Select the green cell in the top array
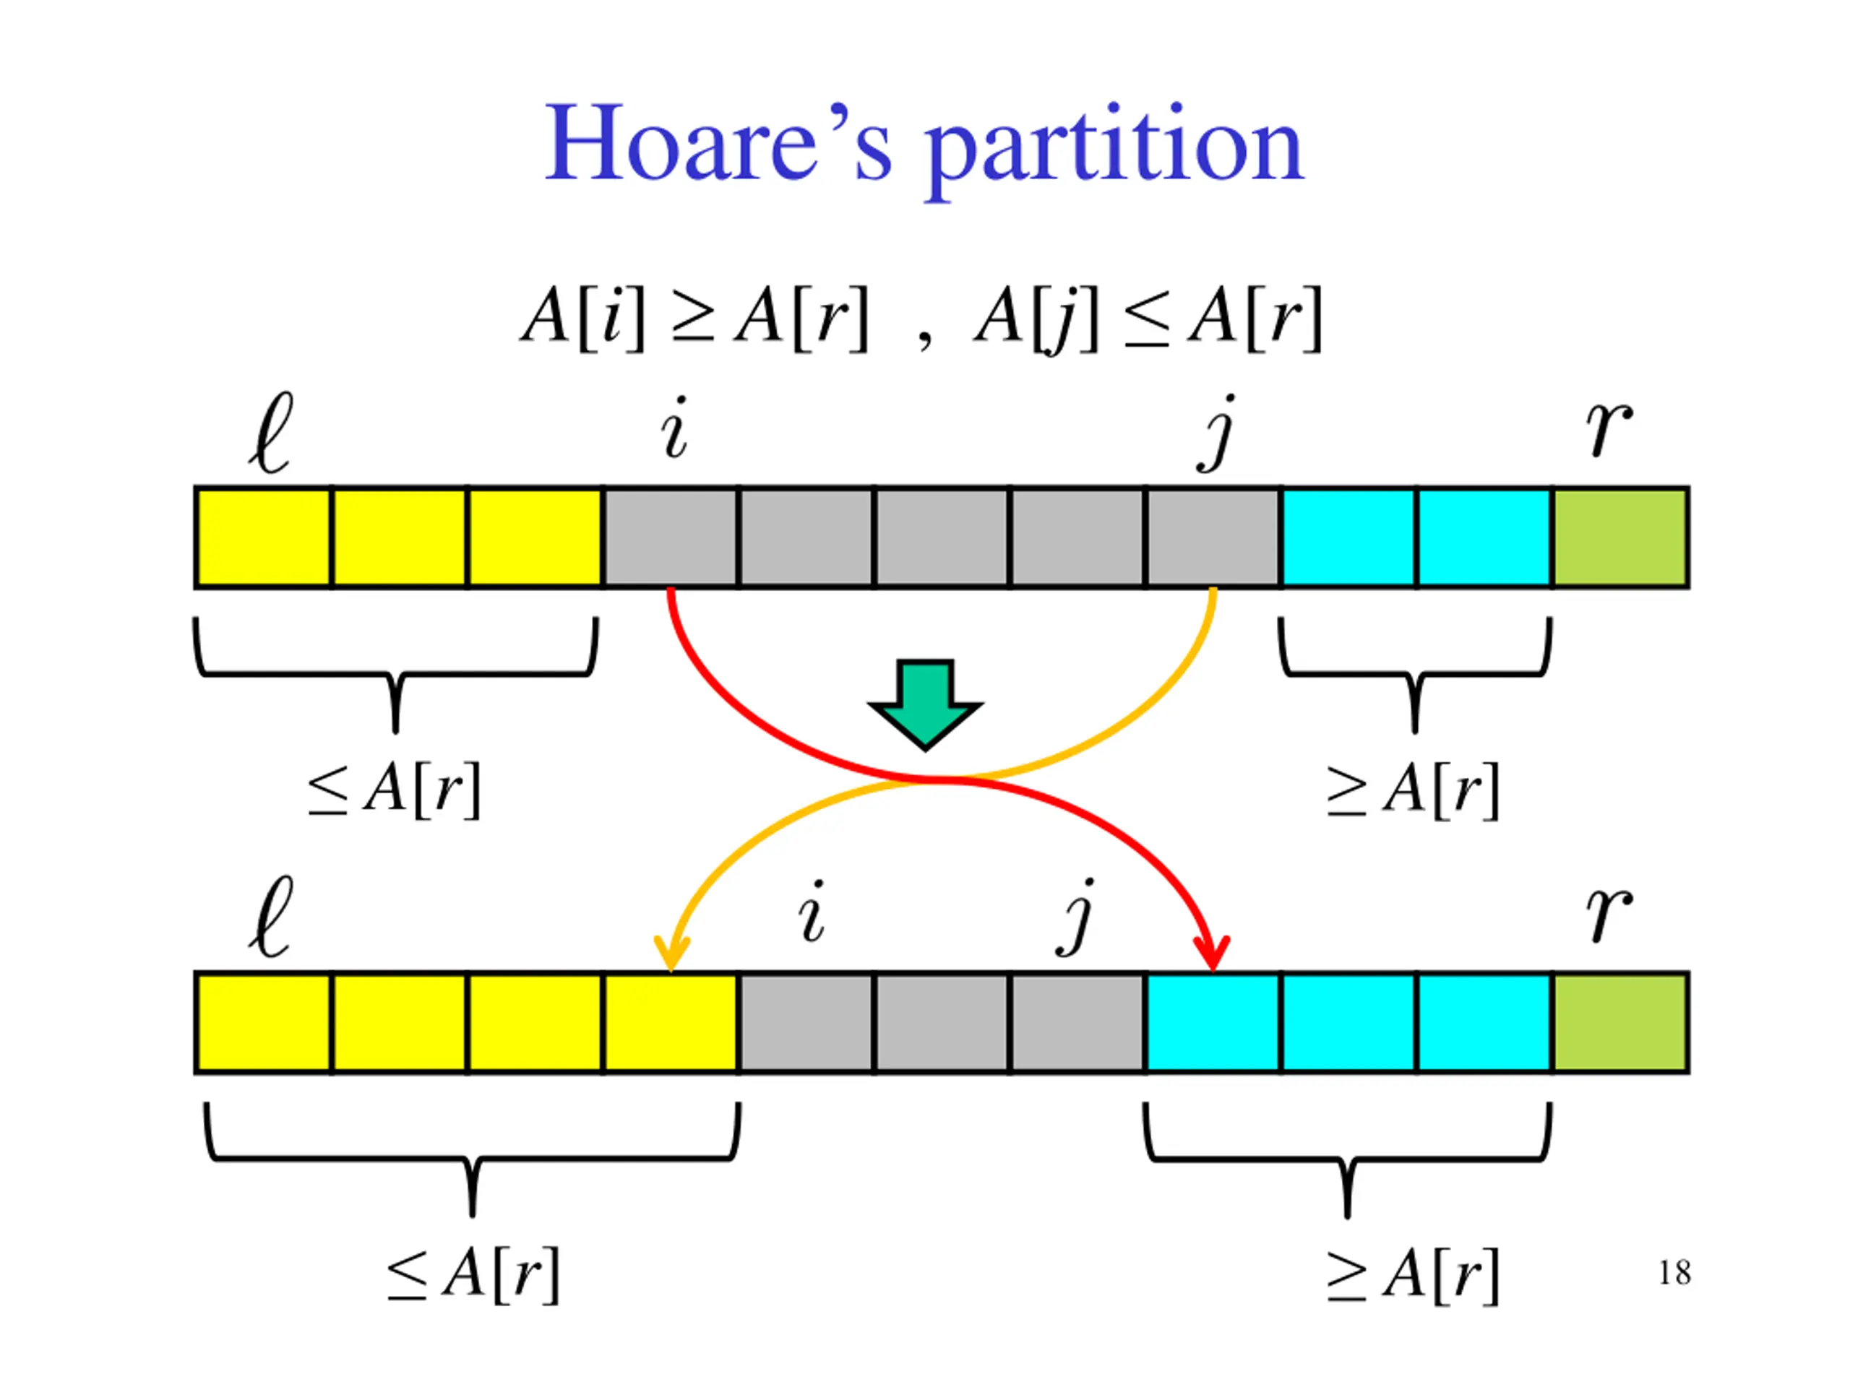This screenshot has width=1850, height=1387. (x=1620, y=537)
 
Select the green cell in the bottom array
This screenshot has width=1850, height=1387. (x=1620, y=1021)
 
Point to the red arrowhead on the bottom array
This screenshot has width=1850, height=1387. (x=1212, y=952)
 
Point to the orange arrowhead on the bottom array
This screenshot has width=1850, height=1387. (x=671, y=953)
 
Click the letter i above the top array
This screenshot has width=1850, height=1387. (x=675, y=428)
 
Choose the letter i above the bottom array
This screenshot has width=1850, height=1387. (x=812, y=913)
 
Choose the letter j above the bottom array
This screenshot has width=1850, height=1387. (x=1076, y=917)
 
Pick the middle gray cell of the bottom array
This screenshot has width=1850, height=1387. (x=941, y=1021)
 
